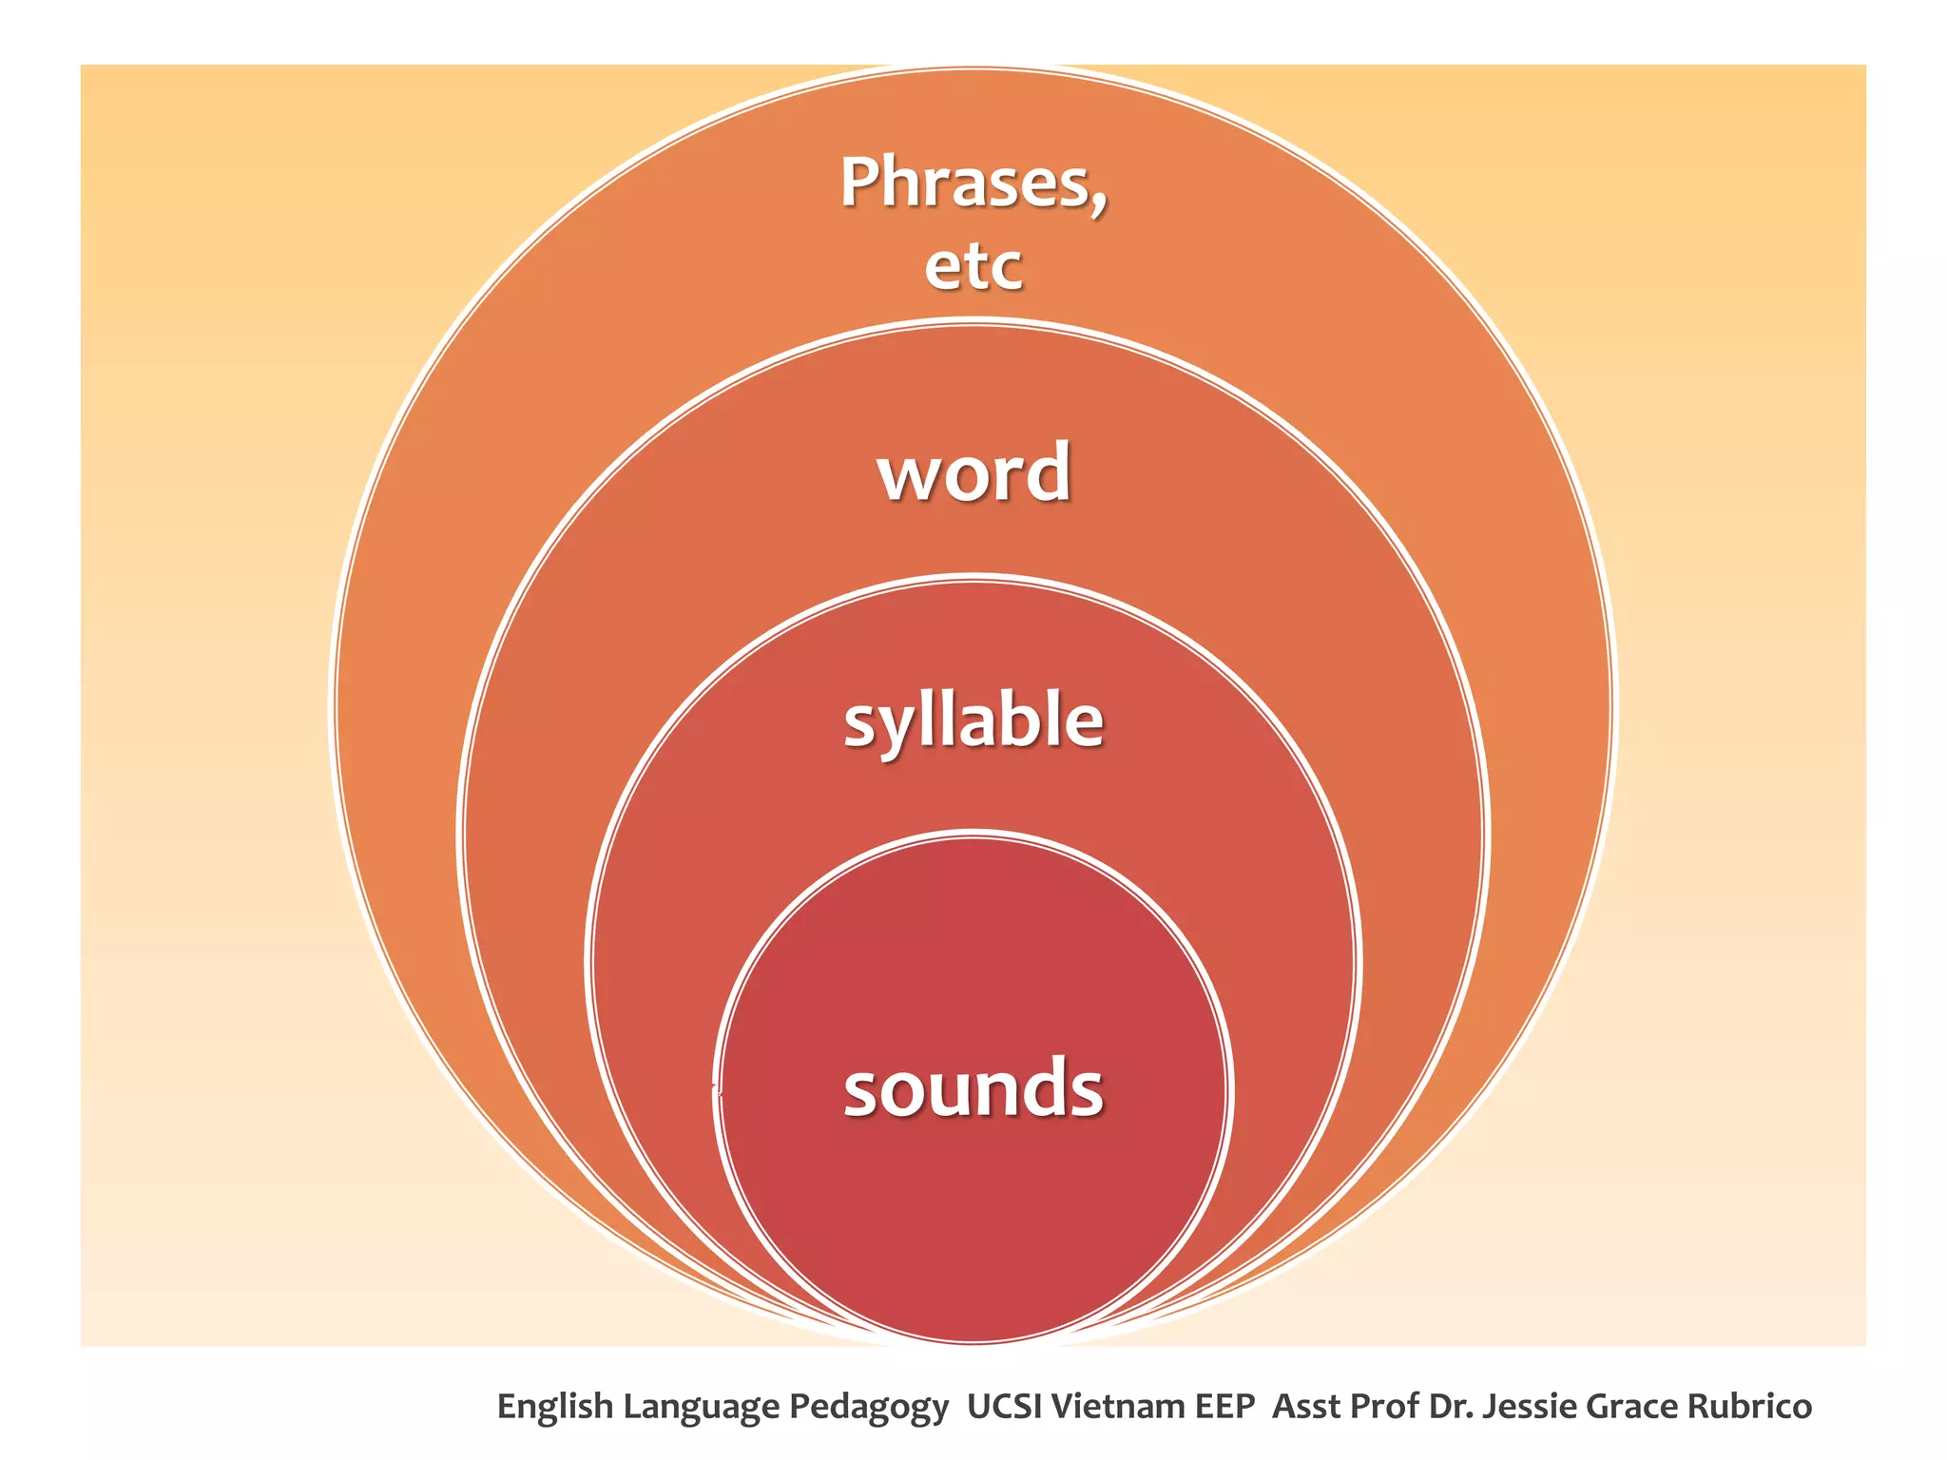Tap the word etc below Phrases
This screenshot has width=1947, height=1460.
[x=973, y=266]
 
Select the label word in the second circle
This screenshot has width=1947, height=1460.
[x=973, y=472]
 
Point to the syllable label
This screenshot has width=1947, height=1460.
[x=973, y=720]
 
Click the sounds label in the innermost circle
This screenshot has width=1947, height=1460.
[x=973, y=1089]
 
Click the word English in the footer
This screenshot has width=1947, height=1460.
[x=554, y=1407]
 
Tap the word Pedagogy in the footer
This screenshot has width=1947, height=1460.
[x=868, y=1407]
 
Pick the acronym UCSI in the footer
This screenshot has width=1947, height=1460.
[x=1003, y=1406]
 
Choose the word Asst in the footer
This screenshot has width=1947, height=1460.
[x=1306, y=1406]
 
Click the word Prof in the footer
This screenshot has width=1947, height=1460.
[x=1384, y=1406]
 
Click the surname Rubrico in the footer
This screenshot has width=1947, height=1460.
[x=1749, y=1406]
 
